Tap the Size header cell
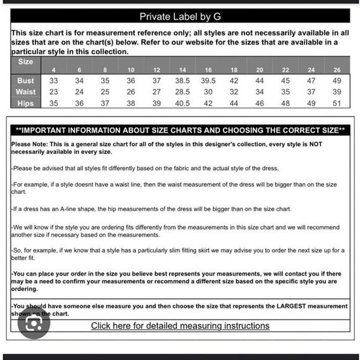coord(25,62)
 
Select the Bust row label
coord(26,81)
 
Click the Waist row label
coord(26,92)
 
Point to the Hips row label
coord(26,103)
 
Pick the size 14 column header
coord(182,70)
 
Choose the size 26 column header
coord(336,70)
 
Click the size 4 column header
coord(54,70)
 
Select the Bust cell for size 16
coord(208,81)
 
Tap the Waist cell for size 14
coord(182,92)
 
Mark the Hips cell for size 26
coord(336,103)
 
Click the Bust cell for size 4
coord(54,81)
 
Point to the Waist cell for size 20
coord(259,92)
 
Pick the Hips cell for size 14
coord(182,103)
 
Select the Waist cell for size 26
coord(336,92)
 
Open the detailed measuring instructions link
coord(180,326)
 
